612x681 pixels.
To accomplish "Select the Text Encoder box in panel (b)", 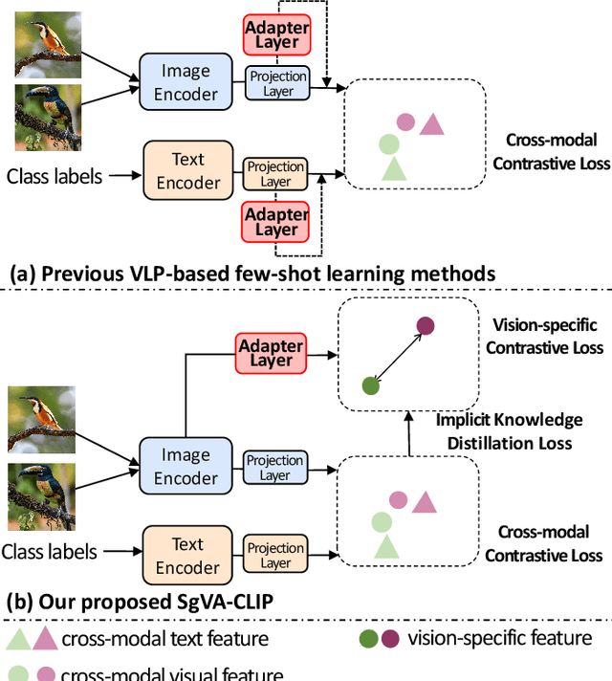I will pos(187,557).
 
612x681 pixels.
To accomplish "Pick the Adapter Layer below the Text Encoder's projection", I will pos(276,222).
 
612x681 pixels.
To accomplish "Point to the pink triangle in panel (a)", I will pos(432,123).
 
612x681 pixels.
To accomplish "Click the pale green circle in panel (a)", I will pos(388,144).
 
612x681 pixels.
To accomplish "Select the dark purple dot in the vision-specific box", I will pos(425,326).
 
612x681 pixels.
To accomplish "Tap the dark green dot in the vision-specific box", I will pos(370,385).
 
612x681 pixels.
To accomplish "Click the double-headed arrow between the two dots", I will pos(397,356).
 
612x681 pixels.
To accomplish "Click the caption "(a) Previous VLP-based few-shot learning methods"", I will pos(252,274).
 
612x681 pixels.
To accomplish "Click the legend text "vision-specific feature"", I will pos(500,638).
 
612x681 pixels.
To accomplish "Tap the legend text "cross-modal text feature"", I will pos(164,639).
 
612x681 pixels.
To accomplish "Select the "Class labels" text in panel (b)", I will pos(50,552).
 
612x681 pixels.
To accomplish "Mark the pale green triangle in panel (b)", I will pos(385,547).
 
